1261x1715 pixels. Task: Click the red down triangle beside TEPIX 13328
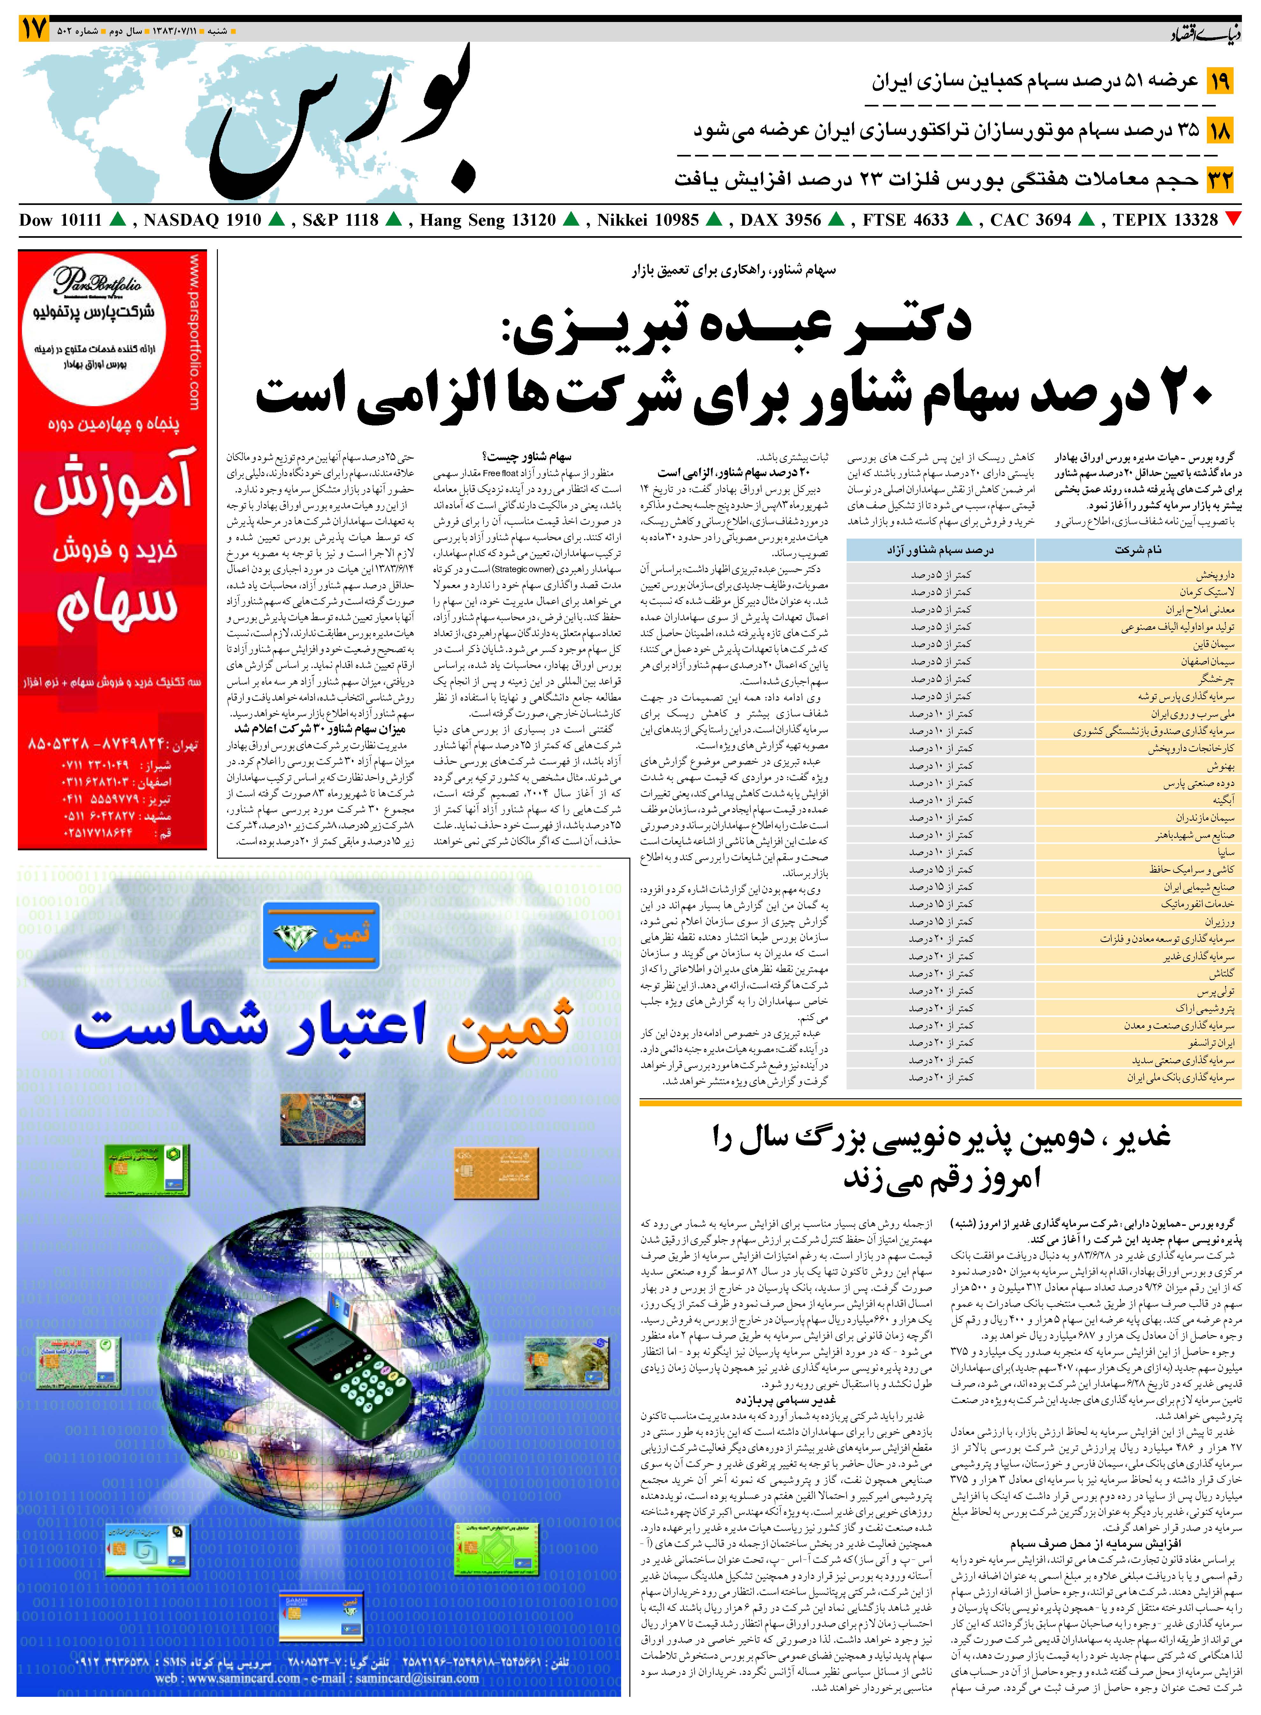[1232, 220]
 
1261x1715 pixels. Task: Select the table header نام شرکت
[1138, 550]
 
